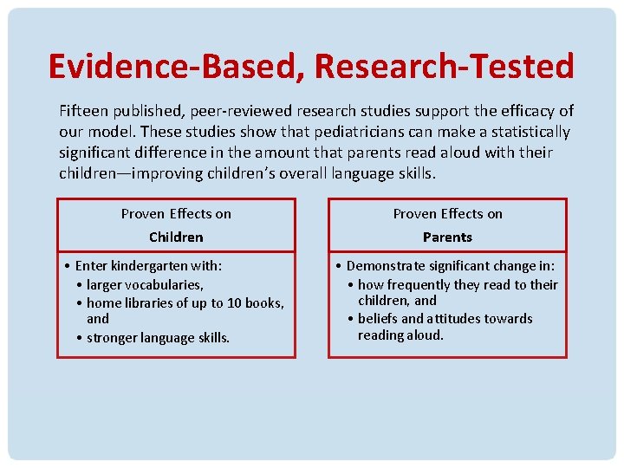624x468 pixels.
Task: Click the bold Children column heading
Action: click(176, 237)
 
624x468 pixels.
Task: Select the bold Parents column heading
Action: click(447, 237)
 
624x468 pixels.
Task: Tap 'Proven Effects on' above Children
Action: click(176, 214)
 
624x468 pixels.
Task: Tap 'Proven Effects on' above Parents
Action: click(447, 214)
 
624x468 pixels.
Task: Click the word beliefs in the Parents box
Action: click(378, 318)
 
